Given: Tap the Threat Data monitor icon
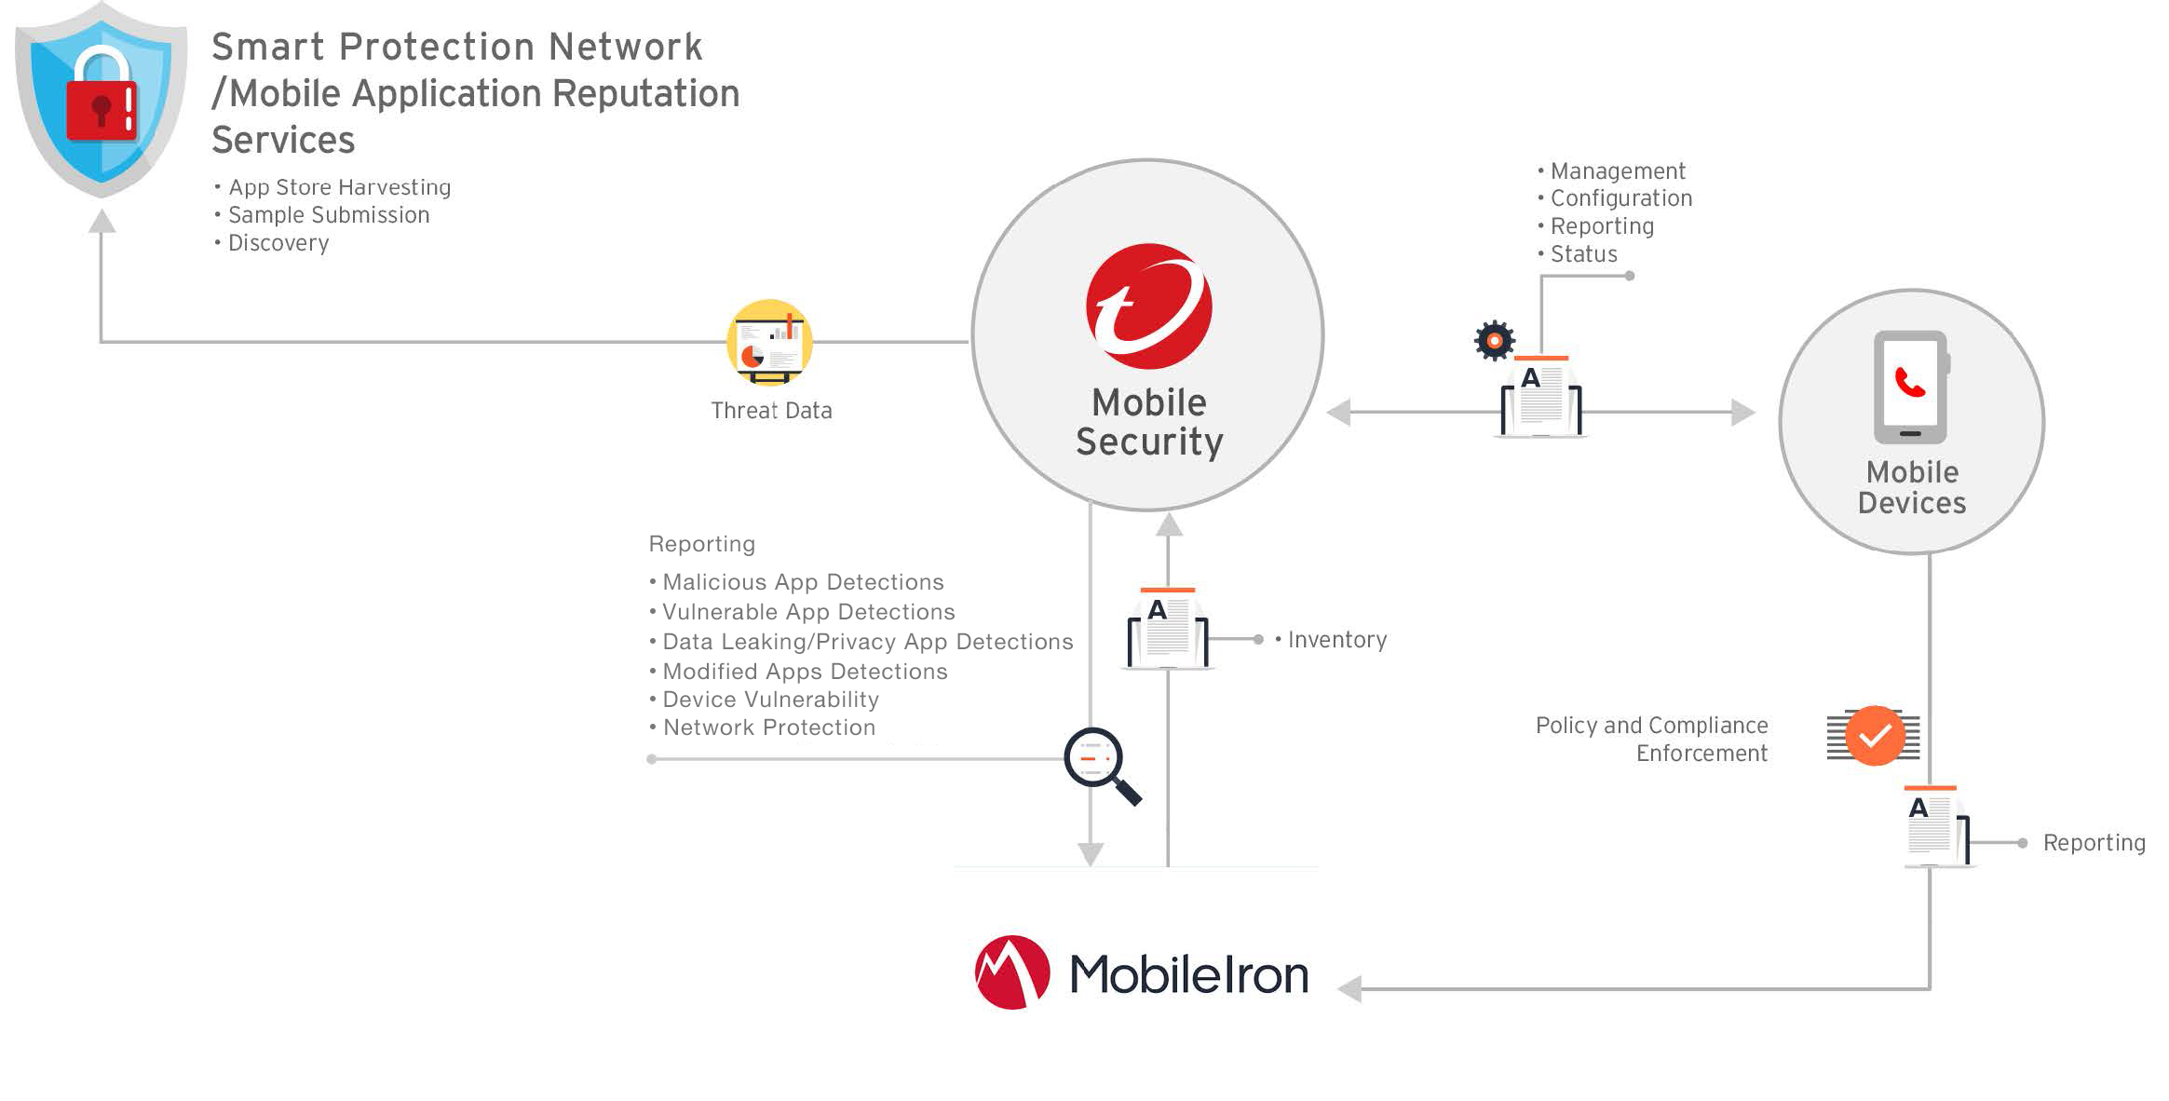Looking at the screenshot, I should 769,343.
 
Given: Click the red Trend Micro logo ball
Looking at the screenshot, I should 1148,306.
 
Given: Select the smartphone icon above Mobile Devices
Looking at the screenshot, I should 1910,387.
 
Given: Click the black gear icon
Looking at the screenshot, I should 1495,341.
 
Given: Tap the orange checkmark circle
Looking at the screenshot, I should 1875,736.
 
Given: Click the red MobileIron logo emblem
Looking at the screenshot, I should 1011,972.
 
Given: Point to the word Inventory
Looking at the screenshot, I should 1337,640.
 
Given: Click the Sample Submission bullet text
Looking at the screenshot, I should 329,215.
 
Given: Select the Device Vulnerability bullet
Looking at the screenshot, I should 770,700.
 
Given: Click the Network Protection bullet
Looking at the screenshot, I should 768,727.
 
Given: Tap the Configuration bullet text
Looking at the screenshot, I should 1620,198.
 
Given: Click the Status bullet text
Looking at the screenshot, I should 1583,254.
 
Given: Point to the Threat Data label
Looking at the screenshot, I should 771,411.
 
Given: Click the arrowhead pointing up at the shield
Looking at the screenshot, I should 102,222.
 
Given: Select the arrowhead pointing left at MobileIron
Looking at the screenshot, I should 1349,988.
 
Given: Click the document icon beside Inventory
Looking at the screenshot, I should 1168,629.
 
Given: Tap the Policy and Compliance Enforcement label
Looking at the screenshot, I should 1651,740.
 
